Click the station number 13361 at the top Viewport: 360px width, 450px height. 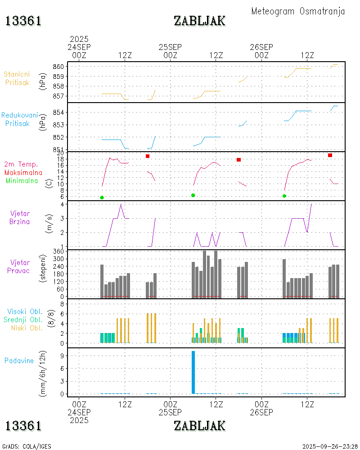tap(23, 21)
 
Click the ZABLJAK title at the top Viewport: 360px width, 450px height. tap(199, 21)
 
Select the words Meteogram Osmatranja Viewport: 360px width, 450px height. tap(298, 11)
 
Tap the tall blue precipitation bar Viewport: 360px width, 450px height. tap(193, 372)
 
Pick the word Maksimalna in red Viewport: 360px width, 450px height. tap(23, 172)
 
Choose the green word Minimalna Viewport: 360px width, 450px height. tap(22, 180)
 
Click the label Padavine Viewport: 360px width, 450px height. tap(19, 360)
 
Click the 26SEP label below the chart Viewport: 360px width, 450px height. tap(261, 412)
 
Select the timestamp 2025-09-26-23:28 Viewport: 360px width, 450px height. tap(330, 446)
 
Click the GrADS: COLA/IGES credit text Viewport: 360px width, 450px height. tap(27, 446)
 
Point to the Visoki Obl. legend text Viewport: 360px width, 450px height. tap(25, 311)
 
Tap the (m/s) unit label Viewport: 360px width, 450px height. tap(49, 225)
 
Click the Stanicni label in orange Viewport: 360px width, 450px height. tap(18, 74)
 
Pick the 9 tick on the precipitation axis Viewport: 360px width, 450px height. tap(63, 355)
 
